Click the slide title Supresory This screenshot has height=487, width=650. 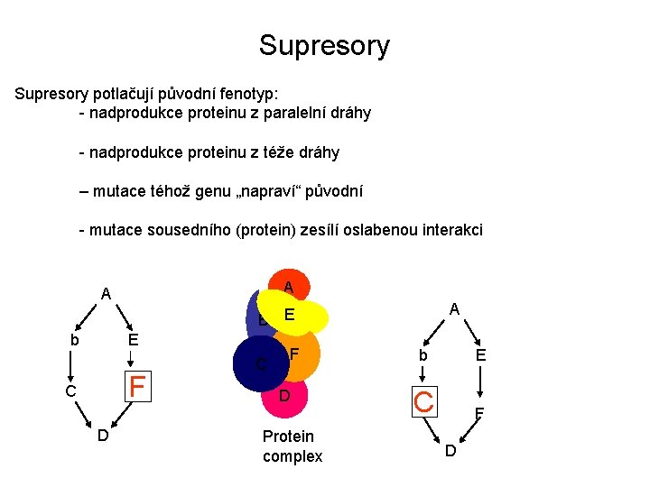(324, 45)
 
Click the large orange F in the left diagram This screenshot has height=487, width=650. (137, 387)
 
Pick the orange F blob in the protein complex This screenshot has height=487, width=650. (301, 354)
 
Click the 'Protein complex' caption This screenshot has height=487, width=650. (292, 446)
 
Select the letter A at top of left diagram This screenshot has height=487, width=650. (106, 293)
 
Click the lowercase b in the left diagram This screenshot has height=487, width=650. (74, 340)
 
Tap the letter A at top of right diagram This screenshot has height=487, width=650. (455, 309)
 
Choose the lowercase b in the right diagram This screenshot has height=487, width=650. (422, 356)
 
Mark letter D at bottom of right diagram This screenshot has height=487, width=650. (451, 450)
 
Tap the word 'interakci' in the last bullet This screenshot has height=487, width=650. (450, 230)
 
